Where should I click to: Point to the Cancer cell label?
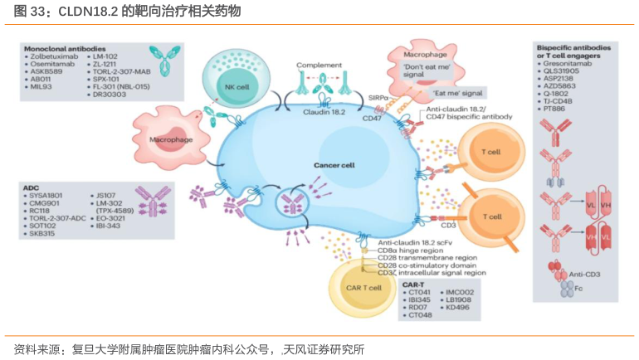(x=334, y=165)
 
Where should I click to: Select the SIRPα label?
(x=375, y=98)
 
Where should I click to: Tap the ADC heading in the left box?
(x=31, y=188)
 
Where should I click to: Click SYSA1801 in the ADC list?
(x=47, y=197)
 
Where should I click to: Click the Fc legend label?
(x=582, y=291)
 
